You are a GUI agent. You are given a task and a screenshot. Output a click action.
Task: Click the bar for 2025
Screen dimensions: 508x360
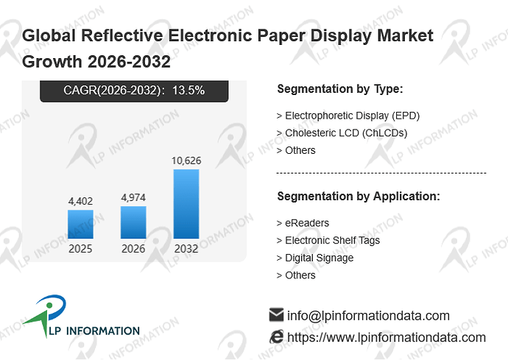80,225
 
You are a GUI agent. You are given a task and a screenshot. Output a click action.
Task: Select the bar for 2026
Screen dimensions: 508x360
133,222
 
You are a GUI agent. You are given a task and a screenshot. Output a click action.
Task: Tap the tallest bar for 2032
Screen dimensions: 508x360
186,204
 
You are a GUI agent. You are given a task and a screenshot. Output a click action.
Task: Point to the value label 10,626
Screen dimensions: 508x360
186,160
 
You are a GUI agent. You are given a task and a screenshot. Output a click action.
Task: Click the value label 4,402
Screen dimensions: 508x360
80,201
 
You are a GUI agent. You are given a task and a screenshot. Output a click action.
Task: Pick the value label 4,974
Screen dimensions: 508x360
133,197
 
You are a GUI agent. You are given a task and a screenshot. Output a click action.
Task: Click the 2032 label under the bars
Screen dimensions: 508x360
186,249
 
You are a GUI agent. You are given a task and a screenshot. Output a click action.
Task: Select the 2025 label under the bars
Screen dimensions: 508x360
80,249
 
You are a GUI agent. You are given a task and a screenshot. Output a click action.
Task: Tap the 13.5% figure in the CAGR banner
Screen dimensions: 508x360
188,90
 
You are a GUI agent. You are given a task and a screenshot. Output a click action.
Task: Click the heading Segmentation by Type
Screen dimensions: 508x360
340,89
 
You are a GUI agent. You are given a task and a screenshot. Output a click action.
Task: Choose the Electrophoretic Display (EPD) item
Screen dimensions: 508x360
352,116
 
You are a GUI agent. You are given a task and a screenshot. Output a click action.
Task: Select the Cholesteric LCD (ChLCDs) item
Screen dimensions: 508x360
346,133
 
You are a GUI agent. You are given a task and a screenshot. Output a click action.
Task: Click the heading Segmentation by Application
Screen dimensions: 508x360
359,197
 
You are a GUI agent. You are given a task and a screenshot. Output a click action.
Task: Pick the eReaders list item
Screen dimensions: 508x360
307,223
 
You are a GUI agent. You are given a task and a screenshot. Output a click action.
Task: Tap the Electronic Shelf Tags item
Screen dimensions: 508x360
332,241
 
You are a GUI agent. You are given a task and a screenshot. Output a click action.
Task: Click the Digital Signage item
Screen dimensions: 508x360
319,258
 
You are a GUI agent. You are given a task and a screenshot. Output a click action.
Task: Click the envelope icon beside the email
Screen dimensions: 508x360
276,314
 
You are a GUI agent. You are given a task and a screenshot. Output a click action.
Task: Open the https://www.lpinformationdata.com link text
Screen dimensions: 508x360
387,338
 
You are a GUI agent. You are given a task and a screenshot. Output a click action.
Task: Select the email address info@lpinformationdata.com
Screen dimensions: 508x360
368,316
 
